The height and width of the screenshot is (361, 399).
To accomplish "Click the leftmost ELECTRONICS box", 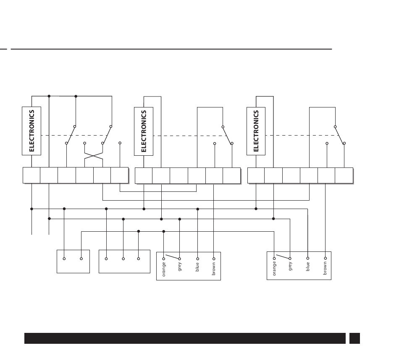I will pyautogui.click(x=31, y=131).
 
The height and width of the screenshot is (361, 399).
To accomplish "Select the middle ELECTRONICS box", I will pyautogui.click(x=144, y=131).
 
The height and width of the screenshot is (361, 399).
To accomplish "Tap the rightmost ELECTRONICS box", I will pyautogui.click(x=256, y=131).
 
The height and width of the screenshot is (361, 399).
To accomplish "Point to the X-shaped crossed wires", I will pyautogui.click(x=94, y=159).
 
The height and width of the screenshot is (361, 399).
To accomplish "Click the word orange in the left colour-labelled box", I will pyautogui.click(x=164, y=269).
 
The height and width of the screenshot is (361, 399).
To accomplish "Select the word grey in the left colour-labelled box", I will pyautogui.click(x=180, y=267).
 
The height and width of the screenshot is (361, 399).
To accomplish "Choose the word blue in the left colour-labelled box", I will pyautogui.click(x=197, y=267).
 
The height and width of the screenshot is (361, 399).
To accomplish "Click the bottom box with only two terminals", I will pyautogui.click(x=73, y=262).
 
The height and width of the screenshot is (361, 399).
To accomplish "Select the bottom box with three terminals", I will pyautogui.click(x=124, y=262).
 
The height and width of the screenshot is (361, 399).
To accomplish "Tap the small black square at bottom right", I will pyautogui.click(x=354, y=338).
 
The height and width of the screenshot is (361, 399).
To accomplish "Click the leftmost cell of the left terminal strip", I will pyautogui.click(x=31, y=175).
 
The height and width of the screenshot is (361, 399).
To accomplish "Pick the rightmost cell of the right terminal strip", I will pyautogui.click(x=344, y=175).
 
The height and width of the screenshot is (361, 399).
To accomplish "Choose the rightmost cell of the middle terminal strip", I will pyautogui.click(x=231, y=175).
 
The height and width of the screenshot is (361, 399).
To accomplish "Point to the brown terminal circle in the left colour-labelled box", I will pyautogui.click(x=214, y=259).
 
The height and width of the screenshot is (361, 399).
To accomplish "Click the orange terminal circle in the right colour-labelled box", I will pyautogui.click(x=274, y=259).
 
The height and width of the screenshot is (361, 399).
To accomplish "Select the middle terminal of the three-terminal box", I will pyautogui.click(x=123, y=259).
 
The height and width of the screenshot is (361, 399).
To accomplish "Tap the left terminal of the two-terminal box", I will pyautogui.click(x=64, y=259).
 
